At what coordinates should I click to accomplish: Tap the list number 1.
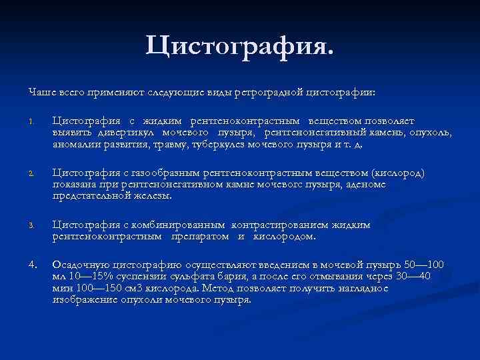coord(31,122)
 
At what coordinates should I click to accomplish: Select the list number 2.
coord(31,174)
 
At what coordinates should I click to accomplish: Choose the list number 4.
coord(31,265)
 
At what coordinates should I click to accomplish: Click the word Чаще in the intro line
coord(40,91)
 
